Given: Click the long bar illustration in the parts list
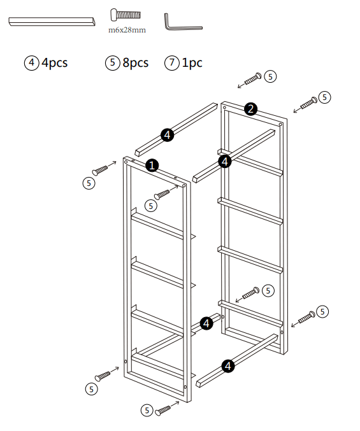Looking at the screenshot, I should pos(51,22).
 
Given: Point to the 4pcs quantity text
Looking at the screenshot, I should pos(54,62).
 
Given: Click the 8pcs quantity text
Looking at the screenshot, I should pos(135,62).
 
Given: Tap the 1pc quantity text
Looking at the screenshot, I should pos(192,62).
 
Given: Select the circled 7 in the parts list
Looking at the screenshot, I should pos(171,62).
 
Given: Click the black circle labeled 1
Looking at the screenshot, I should pos(152,165).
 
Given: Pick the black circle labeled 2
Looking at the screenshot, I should pos(251,109).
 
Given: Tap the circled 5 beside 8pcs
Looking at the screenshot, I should pos(113,62).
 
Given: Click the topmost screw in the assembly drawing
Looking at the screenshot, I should pos(251,80).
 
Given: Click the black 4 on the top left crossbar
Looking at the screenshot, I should pos(167,134).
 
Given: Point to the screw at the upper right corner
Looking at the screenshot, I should pos(308,101).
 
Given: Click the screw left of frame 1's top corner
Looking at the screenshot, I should pos(102,169).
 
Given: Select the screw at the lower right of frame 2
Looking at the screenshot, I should pos(305,316).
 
